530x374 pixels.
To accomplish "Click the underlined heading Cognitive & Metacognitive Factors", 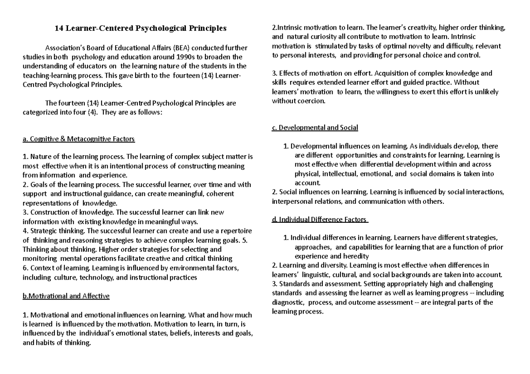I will tap(78, 139).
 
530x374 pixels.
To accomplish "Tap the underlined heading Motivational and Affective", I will tap(65, 296).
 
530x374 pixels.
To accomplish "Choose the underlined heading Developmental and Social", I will tap(315, 128).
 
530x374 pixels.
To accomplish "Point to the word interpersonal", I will tap(292, 201).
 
